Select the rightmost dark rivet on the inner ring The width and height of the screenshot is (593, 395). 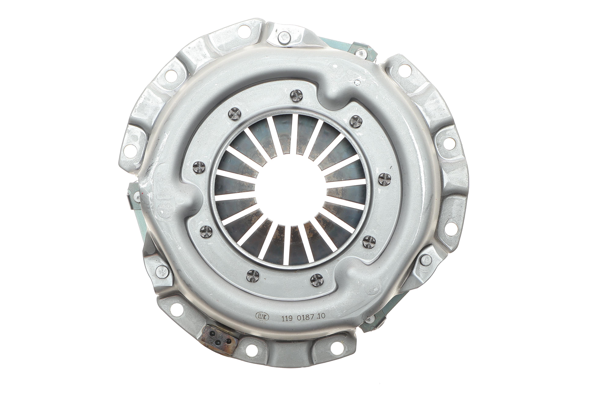385,179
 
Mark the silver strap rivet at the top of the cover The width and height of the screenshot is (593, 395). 284,38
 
